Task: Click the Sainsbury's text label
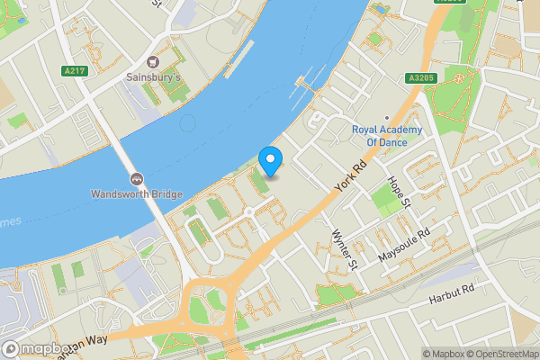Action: click(153, 77)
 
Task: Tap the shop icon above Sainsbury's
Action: click(153, 62)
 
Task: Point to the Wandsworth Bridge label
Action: click(137, 193)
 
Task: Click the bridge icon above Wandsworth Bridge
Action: click(137, 178)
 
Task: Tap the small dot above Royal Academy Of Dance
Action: click(387, 117)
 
